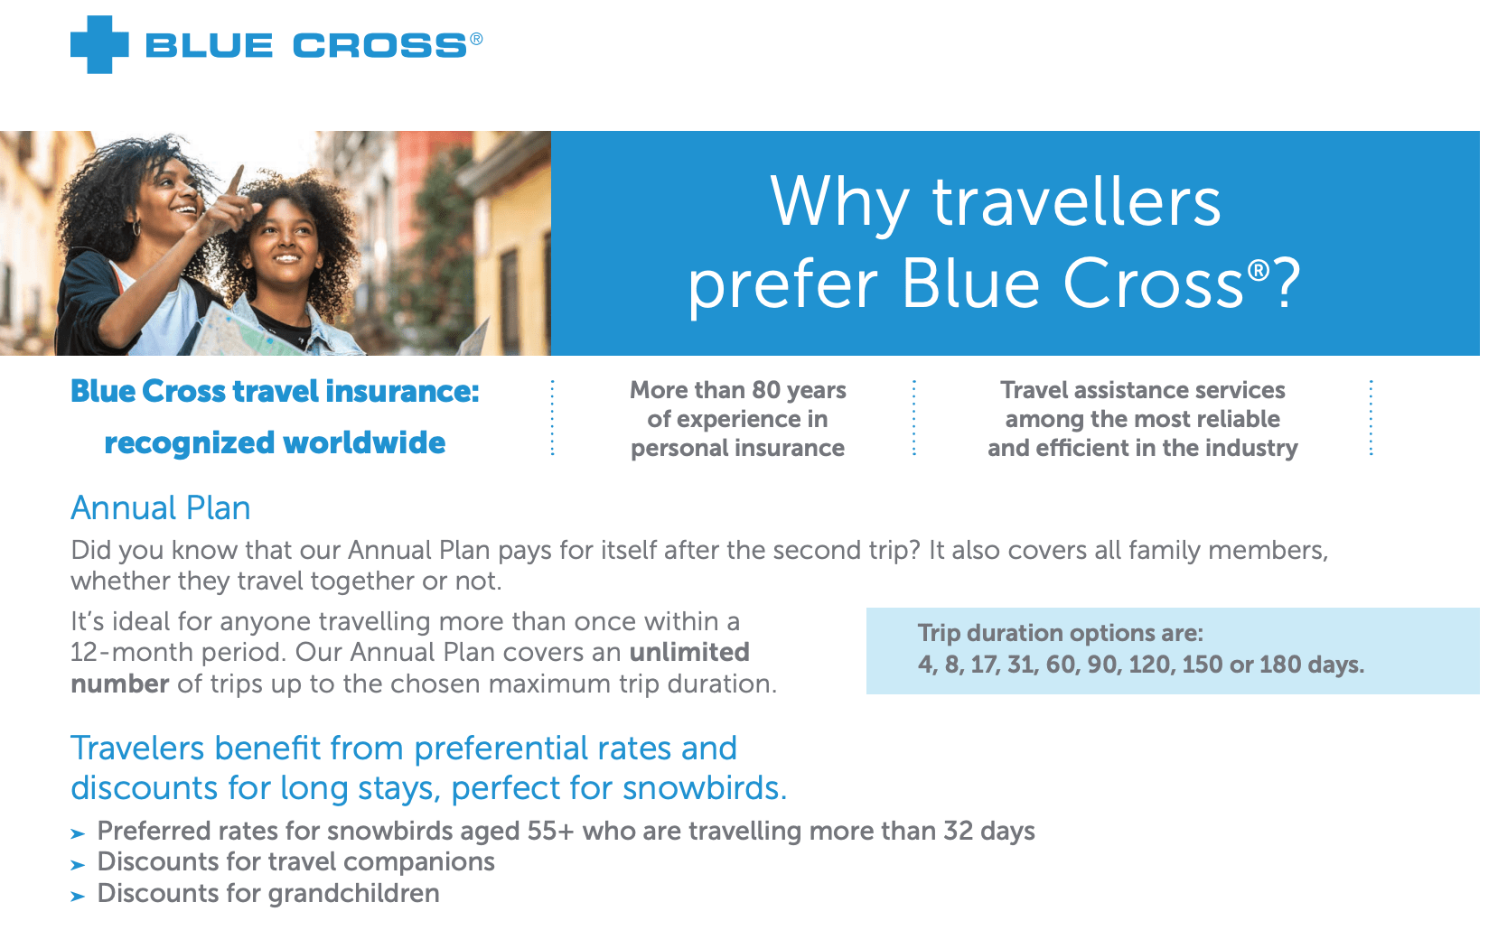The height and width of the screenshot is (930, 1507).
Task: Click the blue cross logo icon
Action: pyautogui.click(x=99, y=44)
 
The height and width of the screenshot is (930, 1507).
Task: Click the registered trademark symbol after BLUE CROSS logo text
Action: pyautogui.click(x=476, y=39)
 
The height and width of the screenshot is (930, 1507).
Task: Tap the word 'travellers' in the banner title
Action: pyautogui.click(x=1076, y=201)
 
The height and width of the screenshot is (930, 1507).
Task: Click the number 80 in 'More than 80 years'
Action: pyautogui.click(x=765, y=390)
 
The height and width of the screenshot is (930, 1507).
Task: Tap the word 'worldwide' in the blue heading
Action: pyautogui.click(x=364, y=442)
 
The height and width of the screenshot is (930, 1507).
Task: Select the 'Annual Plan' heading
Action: pyautogui.click(x=161, y=507)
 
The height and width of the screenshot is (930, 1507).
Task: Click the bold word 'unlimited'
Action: pyautogui.click(x=689, y=652)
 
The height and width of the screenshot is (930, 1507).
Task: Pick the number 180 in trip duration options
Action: pyautogui.click(x=1279, y=665)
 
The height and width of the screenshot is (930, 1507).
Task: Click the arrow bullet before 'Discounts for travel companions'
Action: pyautogui.click(x=79, y=864)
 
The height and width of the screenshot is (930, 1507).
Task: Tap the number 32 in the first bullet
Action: pyautogui.click(x=958, y=831)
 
